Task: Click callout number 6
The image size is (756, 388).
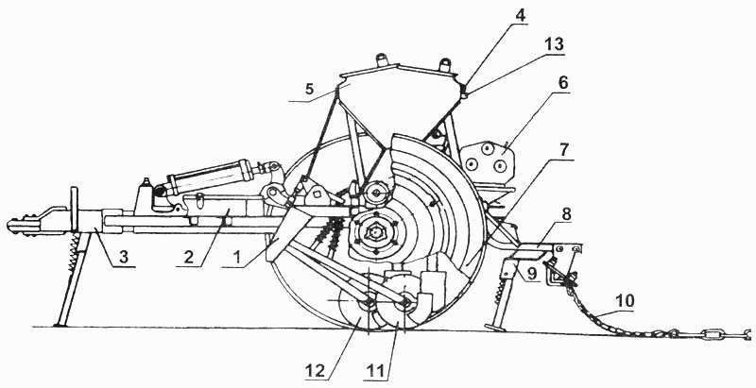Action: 562,83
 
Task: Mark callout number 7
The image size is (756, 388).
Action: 563,150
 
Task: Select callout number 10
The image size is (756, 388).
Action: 626,302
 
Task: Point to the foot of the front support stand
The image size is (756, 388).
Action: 60,324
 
